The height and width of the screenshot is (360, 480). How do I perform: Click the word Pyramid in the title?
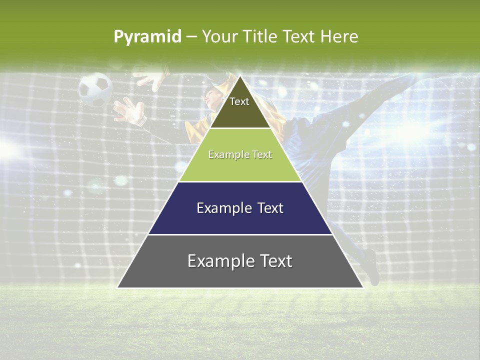(147, 36)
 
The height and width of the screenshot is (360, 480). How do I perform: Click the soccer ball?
(95, 89)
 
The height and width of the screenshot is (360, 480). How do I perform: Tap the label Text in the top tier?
(239, 101)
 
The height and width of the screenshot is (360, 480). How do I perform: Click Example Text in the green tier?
(240, 154)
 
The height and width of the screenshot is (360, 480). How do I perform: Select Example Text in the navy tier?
(240, 208)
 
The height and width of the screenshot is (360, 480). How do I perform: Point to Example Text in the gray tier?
(240, 261)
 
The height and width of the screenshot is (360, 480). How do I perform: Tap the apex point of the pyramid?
(240, 76)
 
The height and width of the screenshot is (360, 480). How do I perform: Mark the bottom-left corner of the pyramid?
(118, 287)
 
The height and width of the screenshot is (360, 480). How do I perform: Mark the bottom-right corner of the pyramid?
(362, 287)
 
